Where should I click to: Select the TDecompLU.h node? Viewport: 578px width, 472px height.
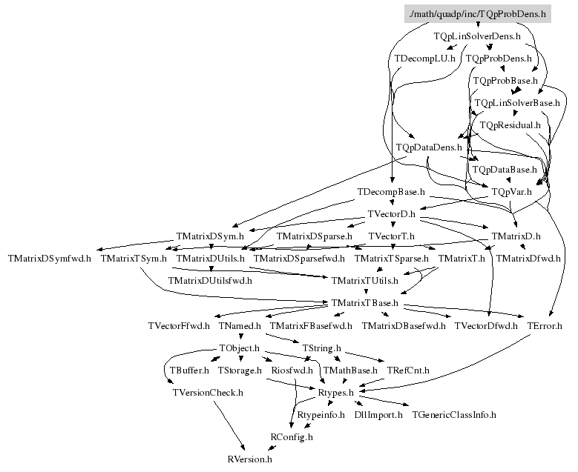[424, 58]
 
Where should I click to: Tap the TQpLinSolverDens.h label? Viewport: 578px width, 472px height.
[476, 36]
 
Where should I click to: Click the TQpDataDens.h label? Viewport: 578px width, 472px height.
[429, 147]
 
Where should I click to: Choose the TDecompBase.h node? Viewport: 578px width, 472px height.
[390, 192]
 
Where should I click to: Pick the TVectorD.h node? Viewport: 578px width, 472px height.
[393, 214]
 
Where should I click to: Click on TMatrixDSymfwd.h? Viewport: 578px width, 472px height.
[50, 259]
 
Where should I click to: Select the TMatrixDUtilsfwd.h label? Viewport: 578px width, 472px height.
[210, 281]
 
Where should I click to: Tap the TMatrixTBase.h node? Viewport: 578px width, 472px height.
[365, 303]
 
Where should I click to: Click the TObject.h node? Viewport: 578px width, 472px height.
[239, 348]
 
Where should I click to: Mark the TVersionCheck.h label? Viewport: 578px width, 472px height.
[208, 392]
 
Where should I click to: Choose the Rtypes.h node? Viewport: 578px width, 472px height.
[335, 392]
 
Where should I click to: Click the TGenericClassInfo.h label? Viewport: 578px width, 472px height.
[454, 415]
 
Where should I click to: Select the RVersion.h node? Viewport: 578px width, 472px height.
[250, 459]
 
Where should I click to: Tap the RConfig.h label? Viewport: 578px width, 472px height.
[292, 437]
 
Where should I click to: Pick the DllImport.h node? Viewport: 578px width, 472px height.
[378, 415]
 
